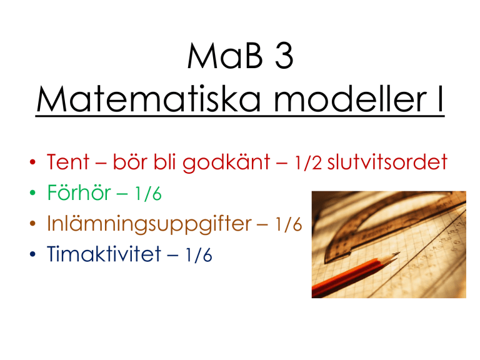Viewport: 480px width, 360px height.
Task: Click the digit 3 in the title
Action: click(x=284, y=56)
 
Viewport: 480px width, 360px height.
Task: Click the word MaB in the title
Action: click(x=225, y=56)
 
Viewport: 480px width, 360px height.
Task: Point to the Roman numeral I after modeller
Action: click(x=441, y=99)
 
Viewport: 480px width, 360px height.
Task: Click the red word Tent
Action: click(x=68, y=162)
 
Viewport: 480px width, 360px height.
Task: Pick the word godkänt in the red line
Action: click(x=226, y=162)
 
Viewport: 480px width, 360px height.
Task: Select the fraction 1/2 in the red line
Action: click(x=308, y=162)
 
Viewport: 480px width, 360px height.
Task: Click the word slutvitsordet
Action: click(x=387, y=162)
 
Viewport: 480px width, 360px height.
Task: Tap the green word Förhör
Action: click(x=79, y=192)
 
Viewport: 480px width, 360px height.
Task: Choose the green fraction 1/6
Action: click(x=148, y=194)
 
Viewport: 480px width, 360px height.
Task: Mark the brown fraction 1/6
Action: click(x=289, y=224)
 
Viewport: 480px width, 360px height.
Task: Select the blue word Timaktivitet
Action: click(x=104, y=254)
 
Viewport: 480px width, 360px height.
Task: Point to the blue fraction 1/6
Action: click(x=199, y=255)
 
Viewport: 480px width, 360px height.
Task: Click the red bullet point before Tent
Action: click(x=32, y=162)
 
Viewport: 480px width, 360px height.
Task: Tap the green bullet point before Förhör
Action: click(x=32, y=193)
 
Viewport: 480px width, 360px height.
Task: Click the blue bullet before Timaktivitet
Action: click(x=32, y=254)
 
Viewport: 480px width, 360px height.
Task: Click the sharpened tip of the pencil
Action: click(x=399, y=253)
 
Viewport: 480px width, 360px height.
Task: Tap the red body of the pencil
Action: click(x=346, y=277)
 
